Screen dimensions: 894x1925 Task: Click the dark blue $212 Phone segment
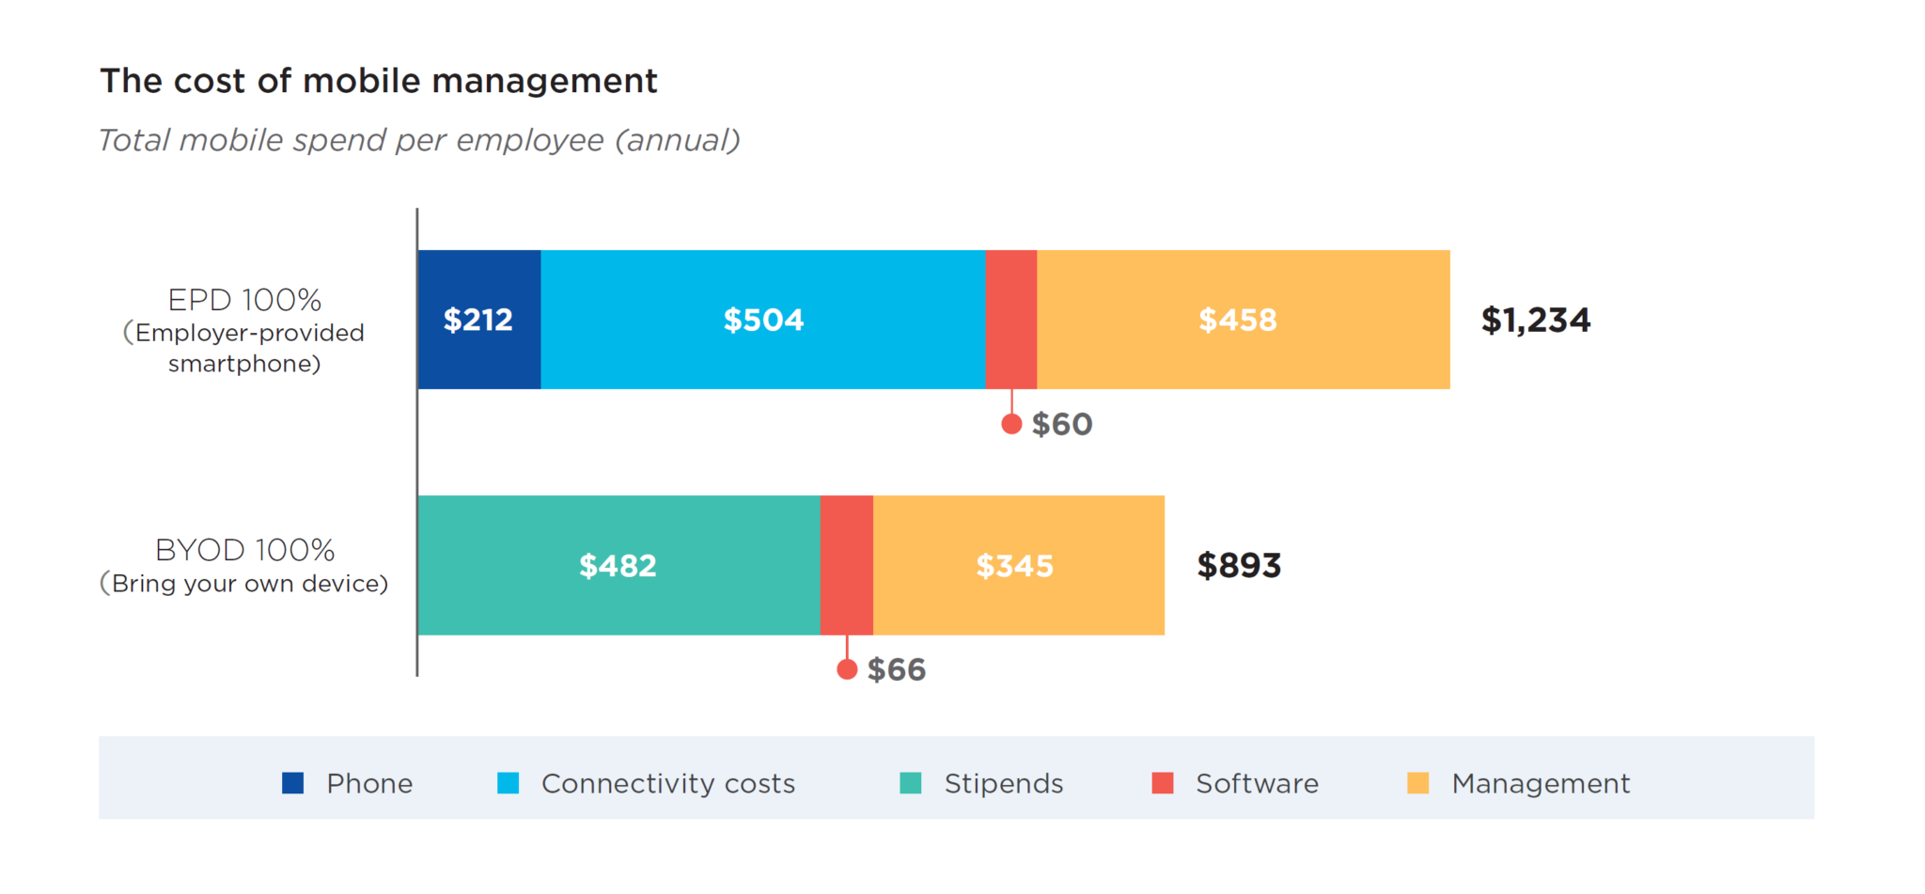[478, 320]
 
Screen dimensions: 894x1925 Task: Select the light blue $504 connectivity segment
[762, 320]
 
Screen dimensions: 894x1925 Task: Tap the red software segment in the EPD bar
[1010, 320]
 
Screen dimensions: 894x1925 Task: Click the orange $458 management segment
[1242, 320]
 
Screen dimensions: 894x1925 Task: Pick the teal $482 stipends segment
[618, 565]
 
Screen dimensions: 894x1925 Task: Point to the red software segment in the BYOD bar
[846, 565]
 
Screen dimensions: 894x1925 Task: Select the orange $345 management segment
[1017, 565]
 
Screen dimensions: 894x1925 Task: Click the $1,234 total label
[1535, 320]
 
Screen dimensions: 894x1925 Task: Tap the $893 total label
[1238, 565]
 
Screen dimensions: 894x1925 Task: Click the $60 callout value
[1062, 424]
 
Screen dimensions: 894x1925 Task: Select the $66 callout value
[896, 669]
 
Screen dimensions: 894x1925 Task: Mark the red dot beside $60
[1011, 424]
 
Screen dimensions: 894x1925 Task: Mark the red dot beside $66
[847, 669]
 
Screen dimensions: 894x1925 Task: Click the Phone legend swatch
[292, 783]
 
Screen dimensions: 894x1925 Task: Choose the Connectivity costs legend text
[667, 783]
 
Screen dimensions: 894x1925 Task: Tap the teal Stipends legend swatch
[910, 783]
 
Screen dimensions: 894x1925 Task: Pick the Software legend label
[1257, 783]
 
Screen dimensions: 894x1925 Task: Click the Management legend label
[1540, 783]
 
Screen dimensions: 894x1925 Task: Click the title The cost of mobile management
[378, 81]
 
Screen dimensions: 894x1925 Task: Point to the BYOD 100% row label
[244, 550]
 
